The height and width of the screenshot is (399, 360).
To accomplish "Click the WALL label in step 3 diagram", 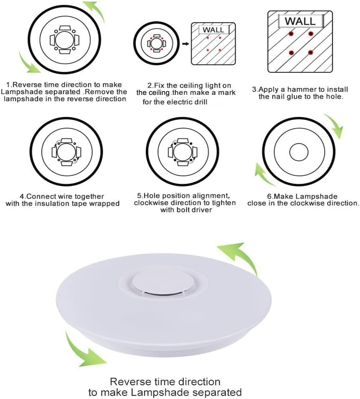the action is [301, 21].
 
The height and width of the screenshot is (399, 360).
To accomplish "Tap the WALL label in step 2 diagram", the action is [213, 30].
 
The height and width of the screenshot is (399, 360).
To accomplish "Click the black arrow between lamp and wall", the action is [186, 44].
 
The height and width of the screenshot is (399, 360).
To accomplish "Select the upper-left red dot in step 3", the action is [291, 33].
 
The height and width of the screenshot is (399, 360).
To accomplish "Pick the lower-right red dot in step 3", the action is [310, 53].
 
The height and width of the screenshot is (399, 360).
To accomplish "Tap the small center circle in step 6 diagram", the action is [299, 152].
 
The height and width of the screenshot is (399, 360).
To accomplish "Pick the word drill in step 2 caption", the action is [200, 102].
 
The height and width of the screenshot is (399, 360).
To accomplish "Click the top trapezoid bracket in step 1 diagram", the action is [66, 28].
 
